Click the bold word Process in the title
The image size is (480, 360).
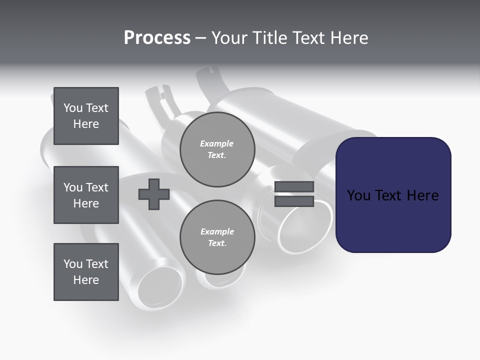[x=157, y=38]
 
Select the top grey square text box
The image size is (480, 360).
[x=86, y=116]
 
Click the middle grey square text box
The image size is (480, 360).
[x=86, y=195]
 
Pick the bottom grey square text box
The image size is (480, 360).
[x=86, y=272]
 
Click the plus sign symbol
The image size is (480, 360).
[x=154, y=194]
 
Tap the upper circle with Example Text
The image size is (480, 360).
[x=217, y=149]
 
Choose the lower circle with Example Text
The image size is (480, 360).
[x=217, y=237]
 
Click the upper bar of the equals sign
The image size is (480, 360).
[x=294, y=187]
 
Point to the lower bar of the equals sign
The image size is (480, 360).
[x=294, y=201]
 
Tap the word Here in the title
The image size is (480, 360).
[x=348, y=38]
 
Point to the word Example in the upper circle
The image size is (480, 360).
[x=217, y=143]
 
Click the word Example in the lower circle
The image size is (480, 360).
[x=217, y=231]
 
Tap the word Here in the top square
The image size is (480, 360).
[x=86, y=124]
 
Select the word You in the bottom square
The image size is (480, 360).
[x=73, y=264]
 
